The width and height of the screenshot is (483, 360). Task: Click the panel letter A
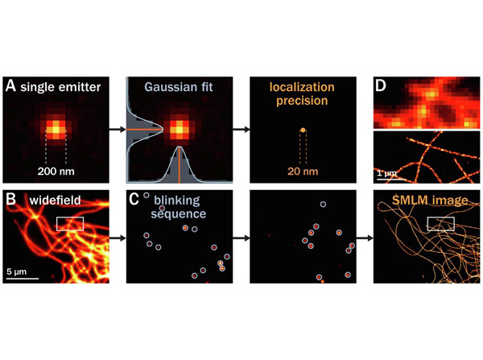[x=10, y=85]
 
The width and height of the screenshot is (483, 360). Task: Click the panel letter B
[x=10, y=200]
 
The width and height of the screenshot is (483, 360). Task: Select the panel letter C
[x=134, y=200]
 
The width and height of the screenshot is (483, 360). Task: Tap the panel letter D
[x=381, y=85]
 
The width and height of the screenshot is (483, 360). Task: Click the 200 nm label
[x=56, y=172]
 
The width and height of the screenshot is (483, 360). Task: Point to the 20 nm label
[x=303, y=172]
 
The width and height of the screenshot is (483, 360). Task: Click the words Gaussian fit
[x=179, y=87]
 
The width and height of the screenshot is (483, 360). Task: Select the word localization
[x=302, y=87]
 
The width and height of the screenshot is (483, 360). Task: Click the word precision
[x=302, y=101]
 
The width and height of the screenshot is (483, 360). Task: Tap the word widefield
[x=55, y=201]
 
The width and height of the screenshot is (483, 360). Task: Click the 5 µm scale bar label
[x=17, y=271]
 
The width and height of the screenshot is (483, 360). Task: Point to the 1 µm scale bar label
[x=387, y=173]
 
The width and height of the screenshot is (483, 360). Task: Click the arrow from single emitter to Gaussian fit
[x=118, y=130]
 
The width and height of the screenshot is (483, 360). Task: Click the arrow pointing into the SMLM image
[x=365, y=238]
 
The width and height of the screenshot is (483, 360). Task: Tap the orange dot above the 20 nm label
[x=303, y=130]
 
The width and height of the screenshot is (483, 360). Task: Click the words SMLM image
[x=430, y=201]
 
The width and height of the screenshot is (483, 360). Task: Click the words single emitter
[x=60, y=87]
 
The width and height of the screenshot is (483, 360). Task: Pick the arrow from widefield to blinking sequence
[x=118, y=238]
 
